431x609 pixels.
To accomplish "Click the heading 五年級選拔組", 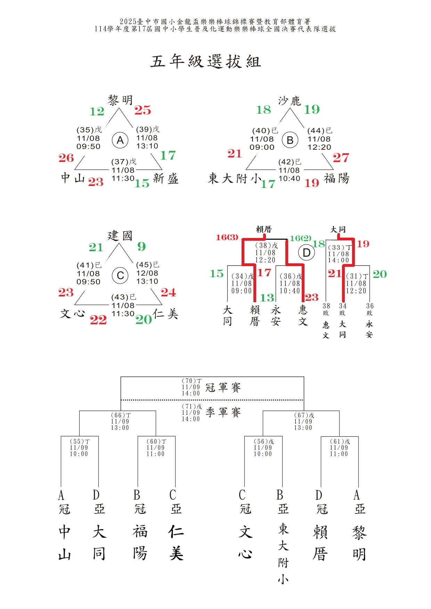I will tap(205, 61).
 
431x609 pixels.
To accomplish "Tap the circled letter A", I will tap(120, 140).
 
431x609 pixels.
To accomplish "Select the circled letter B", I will tap(290, 140).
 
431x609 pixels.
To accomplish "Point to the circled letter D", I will tap(307, 253).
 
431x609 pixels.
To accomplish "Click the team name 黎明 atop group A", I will tap(120, 100).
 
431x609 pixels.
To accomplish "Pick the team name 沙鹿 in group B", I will tap(289, 101).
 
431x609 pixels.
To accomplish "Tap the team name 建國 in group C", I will tap(120, 236).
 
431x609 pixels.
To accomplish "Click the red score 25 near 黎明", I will tap(143, 110).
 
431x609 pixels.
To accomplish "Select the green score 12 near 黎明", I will tap(97, 112).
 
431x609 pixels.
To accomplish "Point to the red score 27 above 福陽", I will tap(341, 158).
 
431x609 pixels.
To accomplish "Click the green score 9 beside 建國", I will tap(141, 247).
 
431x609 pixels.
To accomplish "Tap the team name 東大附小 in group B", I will tap(235, 179).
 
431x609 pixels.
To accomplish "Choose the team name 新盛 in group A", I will tap(166, 179).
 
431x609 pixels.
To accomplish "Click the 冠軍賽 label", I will tap(223, 387).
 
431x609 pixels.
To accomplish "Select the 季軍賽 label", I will tap(223, 412).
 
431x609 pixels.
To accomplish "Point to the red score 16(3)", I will tap(227, 237).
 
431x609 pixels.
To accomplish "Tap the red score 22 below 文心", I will tap(98, 320).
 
